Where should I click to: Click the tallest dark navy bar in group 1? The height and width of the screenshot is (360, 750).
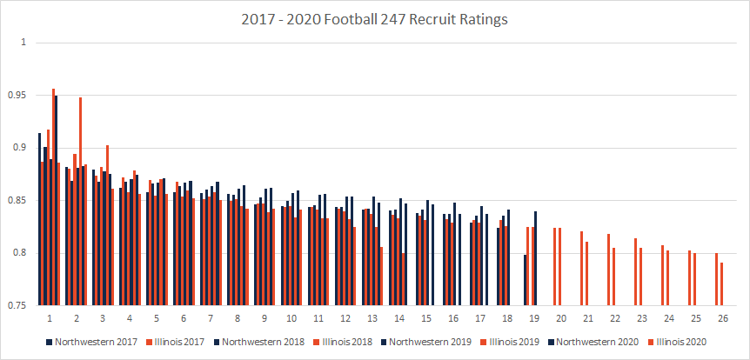point(56,200)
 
